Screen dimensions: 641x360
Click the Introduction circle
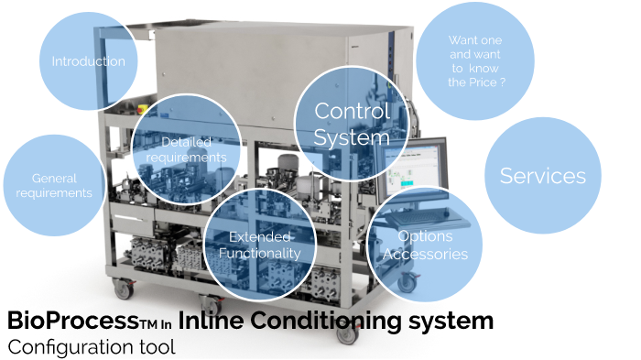point(88,61)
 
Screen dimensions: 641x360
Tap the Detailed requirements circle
point(186,149)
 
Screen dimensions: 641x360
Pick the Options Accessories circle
point(425,245)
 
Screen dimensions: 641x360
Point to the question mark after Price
point(503,82)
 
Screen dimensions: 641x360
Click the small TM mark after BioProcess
point(148,324)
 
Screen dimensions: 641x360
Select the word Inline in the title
point(205,322)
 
